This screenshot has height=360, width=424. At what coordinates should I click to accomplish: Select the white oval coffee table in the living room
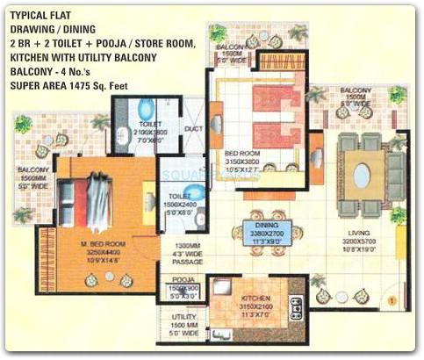coord(361,176)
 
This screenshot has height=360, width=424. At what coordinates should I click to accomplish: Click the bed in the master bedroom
coord(92,202)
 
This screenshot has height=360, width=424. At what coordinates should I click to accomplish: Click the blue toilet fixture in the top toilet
coord(146,109)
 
